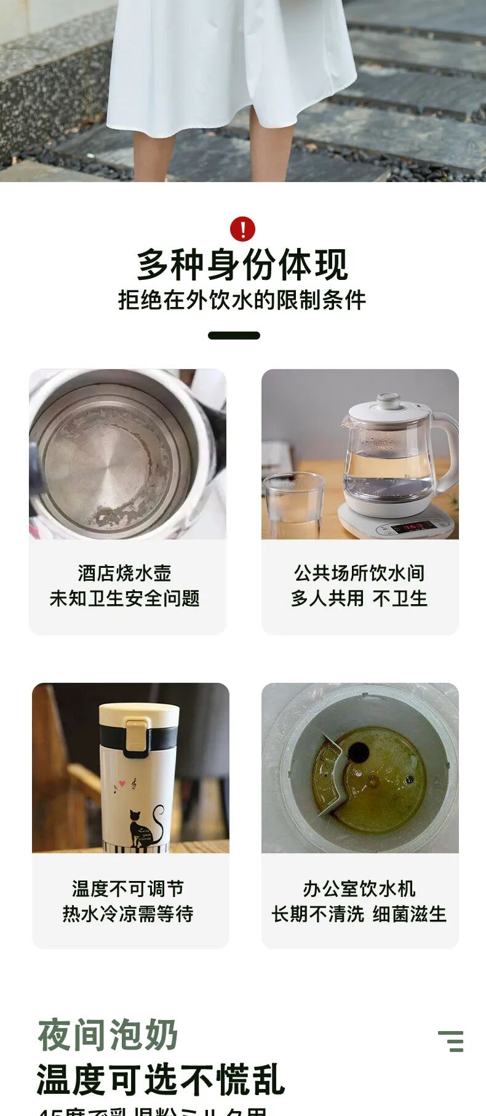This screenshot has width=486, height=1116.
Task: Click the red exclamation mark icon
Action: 242,229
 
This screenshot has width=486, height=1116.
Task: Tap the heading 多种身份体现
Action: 242,265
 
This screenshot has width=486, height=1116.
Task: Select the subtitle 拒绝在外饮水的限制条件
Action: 242,300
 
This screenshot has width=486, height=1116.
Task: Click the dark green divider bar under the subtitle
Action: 234,335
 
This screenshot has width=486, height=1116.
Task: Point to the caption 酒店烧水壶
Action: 125,573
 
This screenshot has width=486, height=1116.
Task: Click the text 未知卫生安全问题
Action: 125,598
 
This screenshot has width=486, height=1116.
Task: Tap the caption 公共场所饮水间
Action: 359,573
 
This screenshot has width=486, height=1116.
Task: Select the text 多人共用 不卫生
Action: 359,598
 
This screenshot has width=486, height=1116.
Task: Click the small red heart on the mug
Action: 122,784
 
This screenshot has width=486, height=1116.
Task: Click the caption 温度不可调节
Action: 128,888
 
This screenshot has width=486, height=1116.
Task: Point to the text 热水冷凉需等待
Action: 128,914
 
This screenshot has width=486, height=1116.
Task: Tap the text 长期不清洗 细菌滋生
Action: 359,914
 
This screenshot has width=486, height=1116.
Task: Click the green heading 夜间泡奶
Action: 108,1034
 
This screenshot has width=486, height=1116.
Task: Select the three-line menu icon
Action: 452,1041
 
